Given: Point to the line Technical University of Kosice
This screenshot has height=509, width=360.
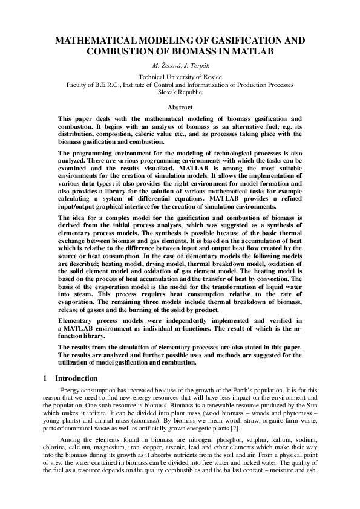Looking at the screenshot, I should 180,77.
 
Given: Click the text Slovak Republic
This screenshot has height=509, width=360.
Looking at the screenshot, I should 180,93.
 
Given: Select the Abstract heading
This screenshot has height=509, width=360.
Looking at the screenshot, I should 180,106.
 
